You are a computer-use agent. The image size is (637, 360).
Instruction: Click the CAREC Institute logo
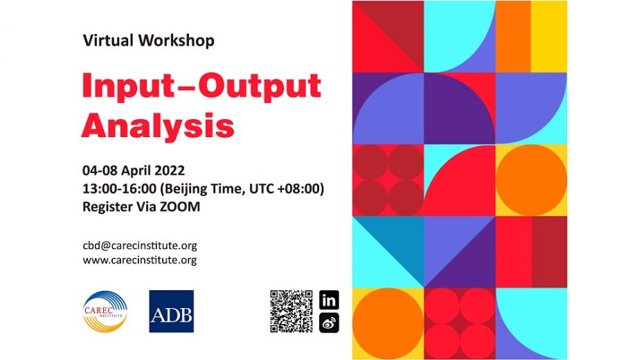click(105, 310)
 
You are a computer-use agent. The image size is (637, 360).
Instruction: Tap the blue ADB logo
click(171, 311)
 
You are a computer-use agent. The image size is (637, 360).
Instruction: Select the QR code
click(290, 311)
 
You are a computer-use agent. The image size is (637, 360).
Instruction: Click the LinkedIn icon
click(330, 300)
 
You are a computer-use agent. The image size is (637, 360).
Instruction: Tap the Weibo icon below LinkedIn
click(330, 323)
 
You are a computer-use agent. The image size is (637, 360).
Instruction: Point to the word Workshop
click(176, 41)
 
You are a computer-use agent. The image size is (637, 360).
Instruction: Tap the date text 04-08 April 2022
click(134, 170)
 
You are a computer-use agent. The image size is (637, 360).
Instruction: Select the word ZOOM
click(182, 206)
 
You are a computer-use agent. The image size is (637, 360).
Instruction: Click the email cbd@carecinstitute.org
click(140, 246)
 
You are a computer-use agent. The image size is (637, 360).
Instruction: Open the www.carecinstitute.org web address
click(140, 260)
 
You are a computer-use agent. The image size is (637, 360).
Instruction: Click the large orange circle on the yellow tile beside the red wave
click(531, 179)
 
